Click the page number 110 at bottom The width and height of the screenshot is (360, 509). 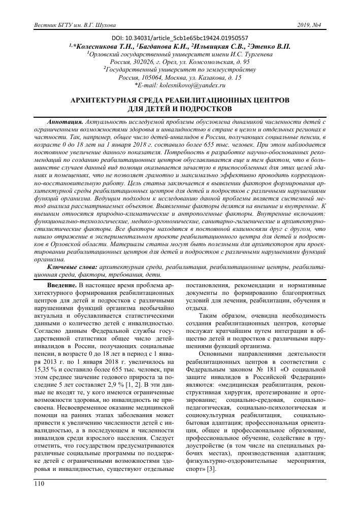coord(39,485)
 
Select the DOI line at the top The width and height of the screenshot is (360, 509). coord(180,38)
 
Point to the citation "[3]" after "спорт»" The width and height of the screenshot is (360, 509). coord(211,468)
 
